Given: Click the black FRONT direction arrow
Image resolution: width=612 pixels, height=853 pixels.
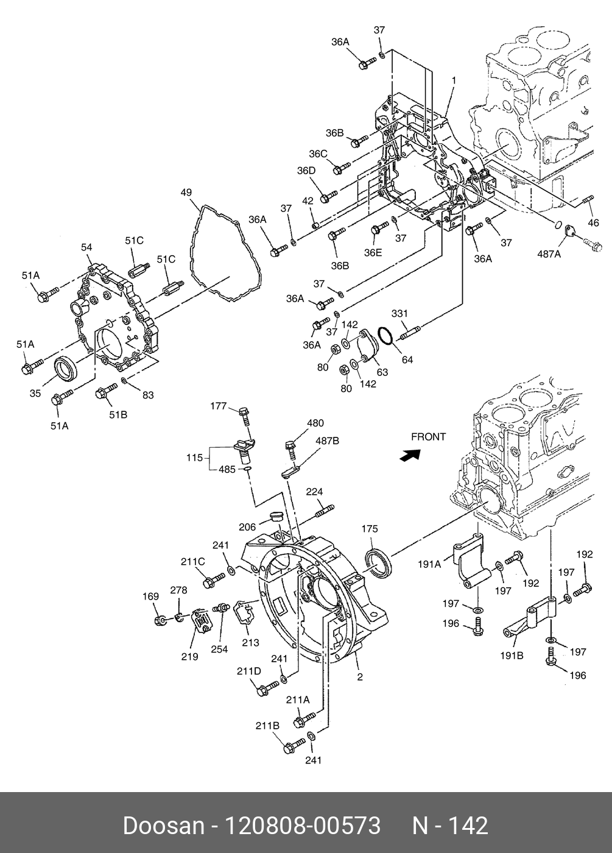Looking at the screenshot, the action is pos(410,455).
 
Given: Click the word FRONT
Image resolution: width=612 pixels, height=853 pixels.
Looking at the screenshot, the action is pos(428,437).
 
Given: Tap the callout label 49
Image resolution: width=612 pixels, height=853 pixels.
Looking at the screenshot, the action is pos(186,193).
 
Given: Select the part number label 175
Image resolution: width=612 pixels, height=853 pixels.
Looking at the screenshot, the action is pos(370,529).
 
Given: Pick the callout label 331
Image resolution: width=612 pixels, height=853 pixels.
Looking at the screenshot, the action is pos(399,313).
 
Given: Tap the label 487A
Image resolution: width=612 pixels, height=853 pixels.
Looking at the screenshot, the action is pos(549,254).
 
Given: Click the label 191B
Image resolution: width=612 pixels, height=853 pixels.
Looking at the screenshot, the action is pos(512,656).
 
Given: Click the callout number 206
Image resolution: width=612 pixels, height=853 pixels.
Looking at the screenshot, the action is pos(247,527).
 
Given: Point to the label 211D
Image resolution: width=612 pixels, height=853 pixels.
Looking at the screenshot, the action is pos(249,671).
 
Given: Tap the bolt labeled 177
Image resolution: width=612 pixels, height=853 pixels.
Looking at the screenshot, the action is pos(245,417).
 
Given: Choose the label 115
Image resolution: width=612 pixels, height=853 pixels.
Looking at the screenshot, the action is pos(194,458).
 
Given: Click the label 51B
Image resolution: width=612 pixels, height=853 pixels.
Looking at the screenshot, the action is pos(118,415).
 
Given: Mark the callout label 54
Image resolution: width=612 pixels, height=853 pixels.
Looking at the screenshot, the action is pos(86,247).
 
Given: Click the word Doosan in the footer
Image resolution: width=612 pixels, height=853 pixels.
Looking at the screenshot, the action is pos(164,826).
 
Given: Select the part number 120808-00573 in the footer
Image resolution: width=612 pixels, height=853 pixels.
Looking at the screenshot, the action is pos(303,826).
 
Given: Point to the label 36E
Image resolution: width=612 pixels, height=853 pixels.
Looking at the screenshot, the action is pos(373,253).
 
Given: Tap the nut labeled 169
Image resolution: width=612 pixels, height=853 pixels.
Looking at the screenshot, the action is pos(161,621).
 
